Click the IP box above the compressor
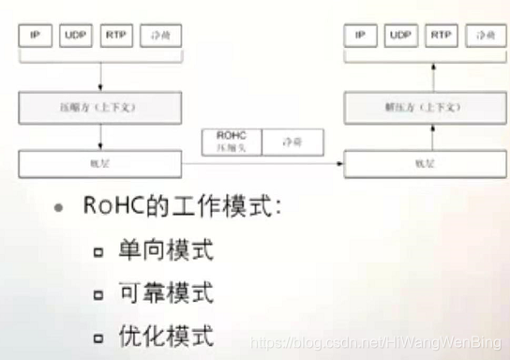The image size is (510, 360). tap(36, 36)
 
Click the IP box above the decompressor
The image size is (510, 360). tap(359, 36)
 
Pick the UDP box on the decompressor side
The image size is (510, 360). tap(400, 36)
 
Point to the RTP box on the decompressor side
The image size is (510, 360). tap(441, 36)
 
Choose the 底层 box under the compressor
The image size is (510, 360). tap(100, 164)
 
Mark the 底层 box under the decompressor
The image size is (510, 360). tap(419, 164)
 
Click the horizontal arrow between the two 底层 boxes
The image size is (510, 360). tap(262, 165)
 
